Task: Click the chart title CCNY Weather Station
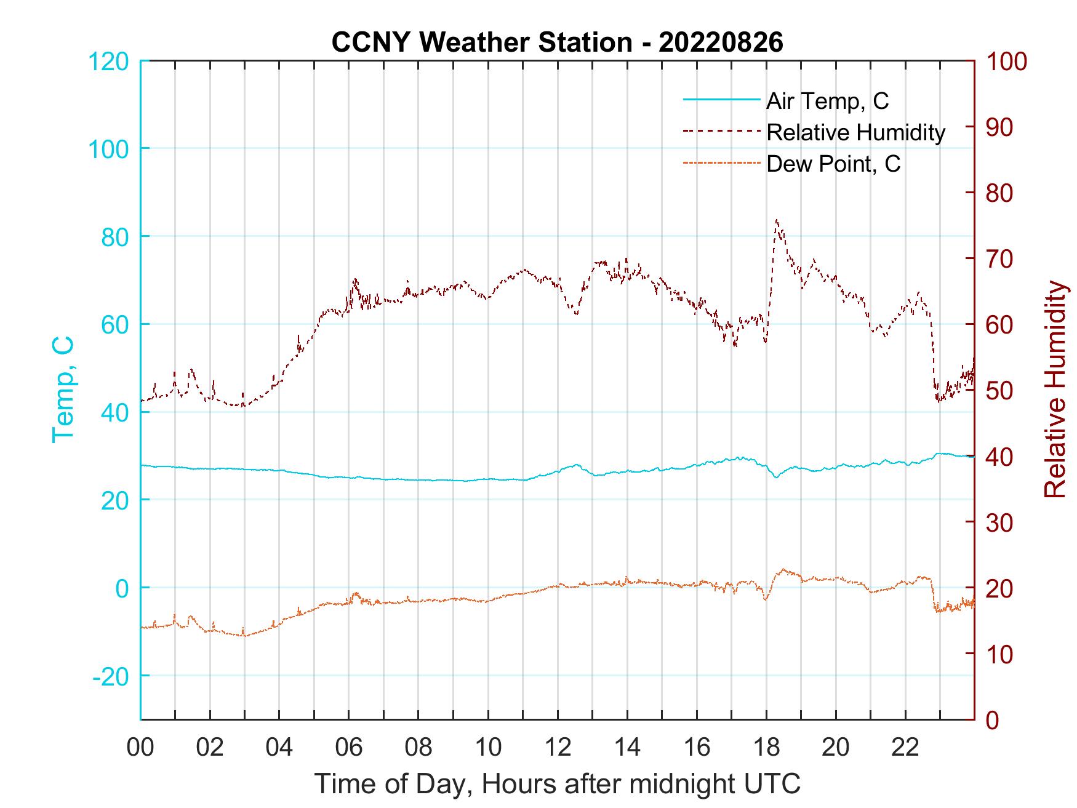point(557,42)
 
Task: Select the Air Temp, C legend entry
point(827,101)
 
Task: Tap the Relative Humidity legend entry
point(855,132)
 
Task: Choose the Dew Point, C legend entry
point(833,164)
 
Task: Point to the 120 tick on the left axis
point(108,62)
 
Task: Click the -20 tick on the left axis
point(111,676)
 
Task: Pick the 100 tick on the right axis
point(1006,62)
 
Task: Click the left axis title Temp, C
point(63,390)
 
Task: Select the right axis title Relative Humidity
point(1055,390)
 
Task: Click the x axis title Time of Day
point(557,784)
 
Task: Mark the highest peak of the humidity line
point(777,220)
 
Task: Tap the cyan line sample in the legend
point(721,100)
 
